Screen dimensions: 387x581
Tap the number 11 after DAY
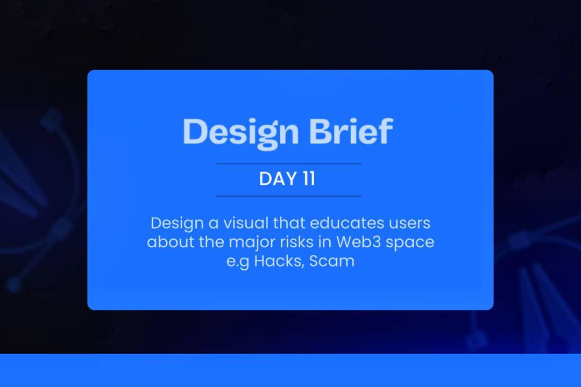(308, 180)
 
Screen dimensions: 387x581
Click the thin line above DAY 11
(289, 163)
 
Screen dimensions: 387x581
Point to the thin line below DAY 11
(289, 196)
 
